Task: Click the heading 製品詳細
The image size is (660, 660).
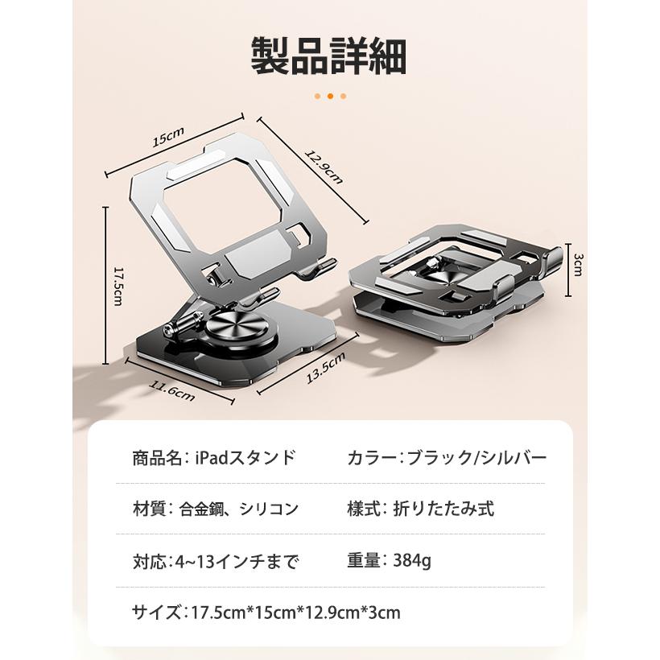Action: pyautogui.click(x=328, y=56)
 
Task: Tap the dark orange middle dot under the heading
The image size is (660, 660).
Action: pyautogui.click(x=330, y=97)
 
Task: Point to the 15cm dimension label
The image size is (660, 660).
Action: pyautogui.click(x=168, y=136)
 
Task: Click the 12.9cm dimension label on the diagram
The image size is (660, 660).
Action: pyautogui.click(x=324, y=167)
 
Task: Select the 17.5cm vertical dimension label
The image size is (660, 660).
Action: pyautogui.click(x=118, y=287)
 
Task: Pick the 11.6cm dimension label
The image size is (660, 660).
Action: pyautogui.click(x=172, y=390)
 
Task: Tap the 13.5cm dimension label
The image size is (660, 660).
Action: pyautogui.click(x=325, y=369)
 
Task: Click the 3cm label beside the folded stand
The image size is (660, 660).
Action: pyautogui.click(x=579, y=265)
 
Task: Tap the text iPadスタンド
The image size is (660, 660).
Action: pyautogui.click(x=245, y=457)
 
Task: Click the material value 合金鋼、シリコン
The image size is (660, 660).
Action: pyautogui.click(x=239, y=509)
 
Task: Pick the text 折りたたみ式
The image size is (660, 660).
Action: pyautogui.click(x=443, y=509)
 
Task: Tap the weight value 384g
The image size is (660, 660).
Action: pyautogui.click(x=412, y=561)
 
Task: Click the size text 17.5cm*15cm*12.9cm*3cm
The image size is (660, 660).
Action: pyautogui.click(x=295, y=613)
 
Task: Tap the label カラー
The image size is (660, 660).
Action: pyautogui.click(x=372, y=457)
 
